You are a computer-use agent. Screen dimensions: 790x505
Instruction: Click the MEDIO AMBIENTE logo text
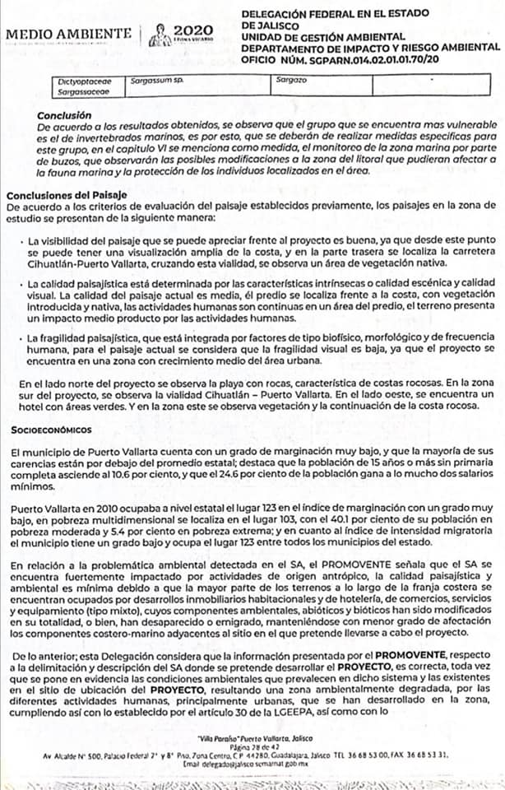tap(67, 34)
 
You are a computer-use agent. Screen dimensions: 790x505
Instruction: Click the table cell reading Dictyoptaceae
tap(81, 83)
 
